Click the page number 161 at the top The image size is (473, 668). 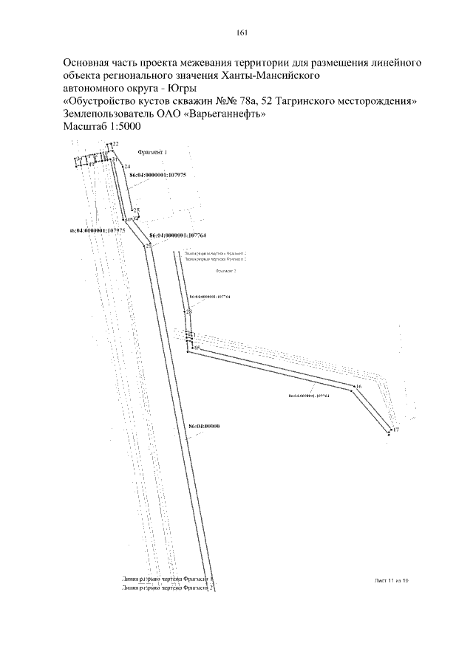tap(242, 32)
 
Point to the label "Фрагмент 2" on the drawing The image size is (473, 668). tap(225, 272)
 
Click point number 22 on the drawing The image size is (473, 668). tap(116, 143)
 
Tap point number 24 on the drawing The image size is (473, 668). tap(127, 168)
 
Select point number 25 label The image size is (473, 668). tap(136, 211)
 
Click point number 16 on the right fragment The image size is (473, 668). tap(358, 387)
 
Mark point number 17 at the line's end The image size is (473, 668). tap(395, 430)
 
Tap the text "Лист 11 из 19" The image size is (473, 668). tap(391, 581)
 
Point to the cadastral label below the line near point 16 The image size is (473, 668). tap(309, 396)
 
